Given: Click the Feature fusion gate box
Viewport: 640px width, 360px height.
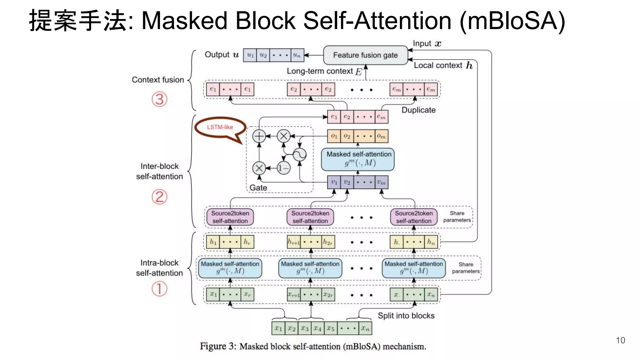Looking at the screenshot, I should click(365, 55).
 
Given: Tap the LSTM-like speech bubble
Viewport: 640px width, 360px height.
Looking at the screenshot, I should click(220, 127).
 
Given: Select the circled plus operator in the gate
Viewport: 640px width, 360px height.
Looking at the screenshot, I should click(259, 136).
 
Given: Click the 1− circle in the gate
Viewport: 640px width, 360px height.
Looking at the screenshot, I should click(283, 168).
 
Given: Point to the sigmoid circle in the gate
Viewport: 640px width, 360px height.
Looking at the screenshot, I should click(299, 155).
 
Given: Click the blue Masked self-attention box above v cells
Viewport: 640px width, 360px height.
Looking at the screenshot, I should click(358, 159).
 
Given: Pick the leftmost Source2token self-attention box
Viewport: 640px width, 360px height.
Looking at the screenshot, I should click(230, 217).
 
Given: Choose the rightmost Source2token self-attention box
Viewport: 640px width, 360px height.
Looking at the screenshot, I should click(414, 217).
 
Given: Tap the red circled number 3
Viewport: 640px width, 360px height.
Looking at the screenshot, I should click(159, 99).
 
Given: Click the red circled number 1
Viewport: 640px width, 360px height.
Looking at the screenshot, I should click(159, 288).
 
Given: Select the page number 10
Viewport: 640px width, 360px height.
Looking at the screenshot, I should click(620, 340).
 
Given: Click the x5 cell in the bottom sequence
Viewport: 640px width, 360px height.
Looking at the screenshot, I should click(331, 328).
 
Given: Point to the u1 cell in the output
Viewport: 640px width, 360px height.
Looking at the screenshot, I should click(250, 55).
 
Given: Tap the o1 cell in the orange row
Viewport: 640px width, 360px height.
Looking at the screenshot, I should click(334, 136).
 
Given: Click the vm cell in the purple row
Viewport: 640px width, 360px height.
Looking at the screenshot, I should click(381, 182).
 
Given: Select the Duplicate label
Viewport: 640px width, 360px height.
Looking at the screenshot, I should click(418, 110).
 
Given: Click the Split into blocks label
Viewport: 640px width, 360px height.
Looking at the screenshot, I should click(406, 316).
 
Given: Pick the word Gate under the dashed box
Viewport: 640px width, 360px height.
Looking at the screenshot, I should click(258, 188).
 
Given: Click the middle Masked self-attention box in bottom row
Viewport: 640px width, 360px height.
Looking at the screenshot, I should click(310, 267).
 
